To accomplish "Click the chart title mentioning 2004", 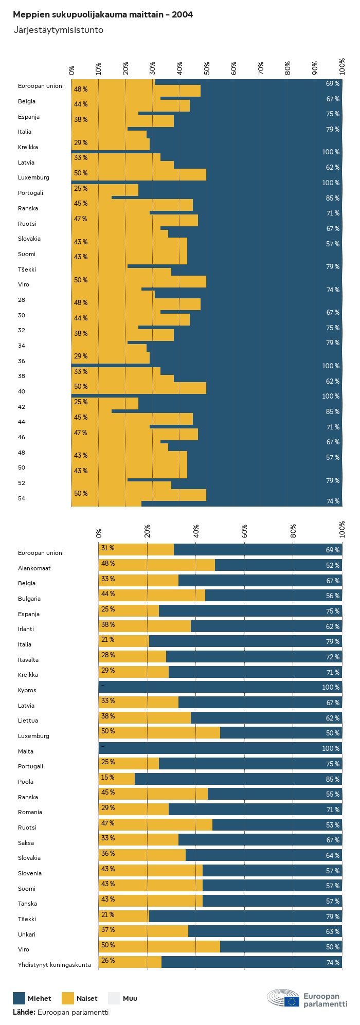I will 103,15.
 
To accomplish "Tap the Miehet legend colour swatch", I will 19,998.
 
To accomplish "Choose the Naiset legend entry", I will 86,998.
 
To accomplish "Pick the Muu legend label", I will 130,998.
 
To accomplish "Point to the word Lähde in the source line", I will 24,1012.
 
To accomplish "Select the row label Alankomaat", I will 34,568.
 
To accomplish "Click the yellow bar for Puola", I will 117,779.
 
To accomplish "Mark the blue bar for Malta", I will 220,748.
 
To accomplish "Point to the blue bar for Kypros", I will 220,687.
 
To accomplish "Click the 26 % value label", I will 108,961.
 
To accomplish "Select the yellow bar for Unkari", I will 143,931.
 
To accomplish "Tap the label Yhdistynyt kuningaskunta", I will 55,965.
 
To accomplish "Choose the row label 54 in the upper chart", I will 22,498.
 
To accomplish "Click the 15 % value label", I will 108,778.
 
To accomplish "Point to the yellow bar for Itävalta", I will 132,657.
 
